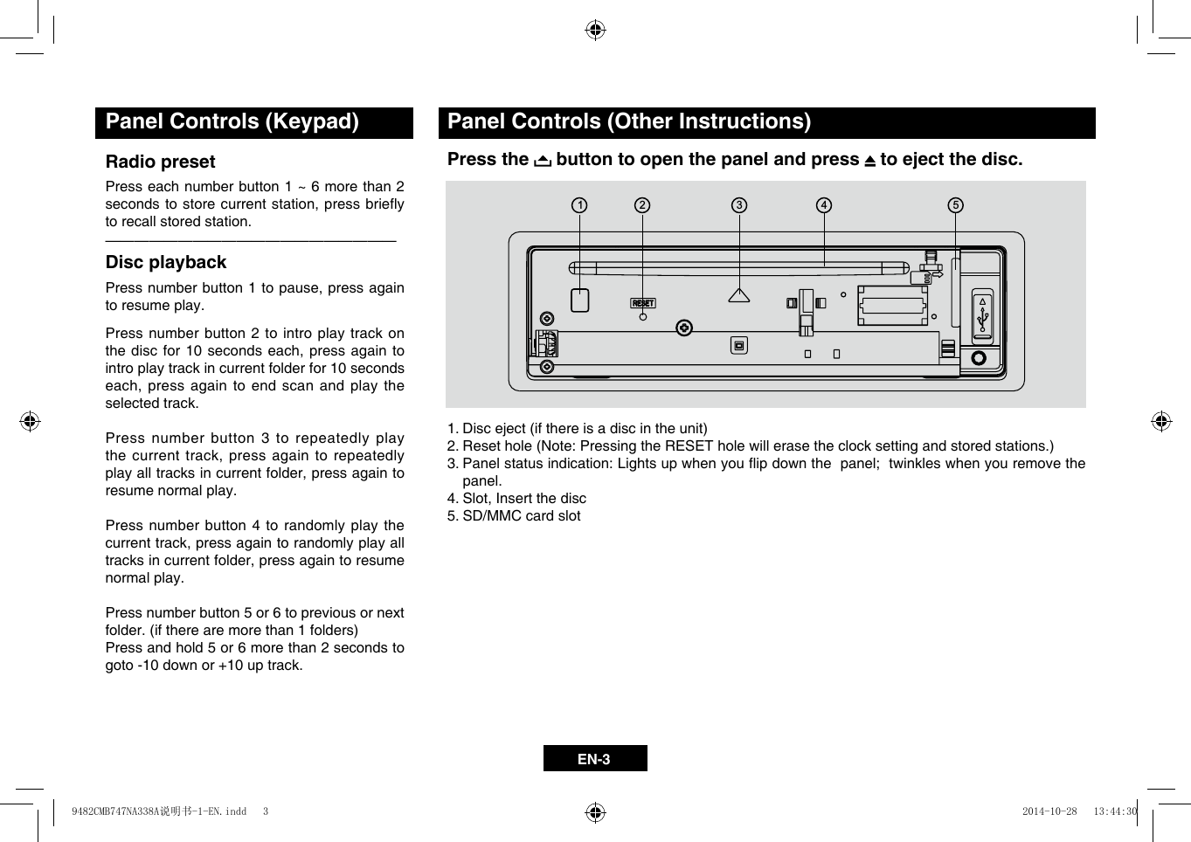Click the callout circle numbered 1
[x=579, y=205]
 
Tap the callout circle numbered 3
[x=739, y=205]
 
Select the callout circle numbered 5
[x=956, y=205]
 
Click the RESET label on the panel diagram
[x=643, y=303]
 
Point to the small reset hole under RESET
[x=643, y=316]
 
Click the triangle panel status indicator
[x=739, y=296]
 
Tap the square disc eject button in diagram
[x=580, y=300]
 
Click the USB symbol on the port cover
[x=982, y=318]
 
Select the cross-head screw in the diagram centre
[x=684, y=328]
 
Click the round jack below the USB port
[x=979, y=358]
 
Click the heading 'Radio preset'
[x=160, y=162]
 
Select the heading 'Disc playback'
[x=166, y=262]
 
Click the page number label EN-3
[x=594, y=759]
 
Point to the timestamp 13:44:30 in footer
[x=1115, y=811]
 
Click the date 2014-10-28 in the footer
[x=1049, y=811]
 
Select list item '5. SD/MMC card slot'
[x=514, y=516]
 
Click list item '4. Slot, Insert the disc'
[x=516, y=499]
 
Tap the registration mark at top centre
[x=595, y=31]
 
